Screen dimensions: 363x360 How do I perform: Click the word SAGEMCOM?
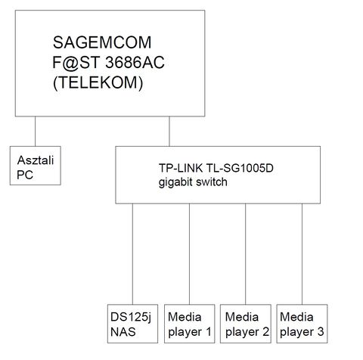pyautogui.click(x=102, y=42)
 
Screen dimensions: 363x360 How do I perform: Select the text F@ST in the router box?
pyautogui.click(x=76, y=63)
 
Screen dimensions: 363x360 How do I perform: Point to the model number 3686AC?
pyautogui.click(x=135, y=63)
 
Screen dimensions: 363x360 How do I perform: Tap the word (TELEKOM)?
pyautogui.click(x=98, y=82)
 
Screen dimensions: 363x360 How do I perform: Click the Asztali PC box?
pyautogui.click(x=36, y=166)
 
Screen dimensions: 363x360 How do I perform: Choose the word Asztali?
pyautogui.click(x=36, y=160)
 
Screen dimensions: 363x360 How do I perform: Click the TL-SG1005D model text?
pyautogui.click(x=240, y=168)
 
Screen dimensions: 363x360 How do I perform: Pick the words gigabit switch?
pyautogui.click(x=193, y=182)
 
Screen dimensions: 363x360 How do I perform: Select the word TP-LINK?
pyautogui.click(x=181, y=168)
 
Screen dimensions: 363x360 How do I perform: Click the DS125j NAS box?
pyautogui.click(x=132, y=324)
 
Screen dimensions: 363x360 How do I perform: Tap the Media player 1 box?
pyautogui.click(x=190, y=324)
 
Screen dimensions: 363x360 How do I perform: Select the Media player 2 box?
pyautogui.click(x=246, y=324)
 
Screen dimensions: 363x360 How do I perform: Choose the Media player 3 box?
pyautogui.click(x=302, y=324)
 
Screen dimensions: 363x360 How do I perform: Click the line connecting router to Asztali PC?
pyautogui.click(x=35, y=132)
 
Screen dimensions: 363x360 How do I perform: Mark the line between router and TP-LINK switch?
pyautogui.click(x=169, y=132)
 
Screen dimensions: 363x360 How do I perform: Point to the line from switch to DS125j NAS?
pyautogui.click(x=132, y=254)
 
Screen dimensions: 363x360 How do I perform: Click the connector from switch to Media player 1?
pyautogui.click(x=190, y=254)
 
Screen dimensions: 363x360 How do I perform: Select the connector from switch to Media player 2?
pyautogui.click(x=246, y=254)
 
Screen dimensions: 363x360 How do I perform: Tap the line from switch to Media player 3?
pyautogui.click(x=302, y=254)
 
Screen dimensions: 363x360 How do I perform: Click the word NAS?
pyautogui.click(x=123, y=332)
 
